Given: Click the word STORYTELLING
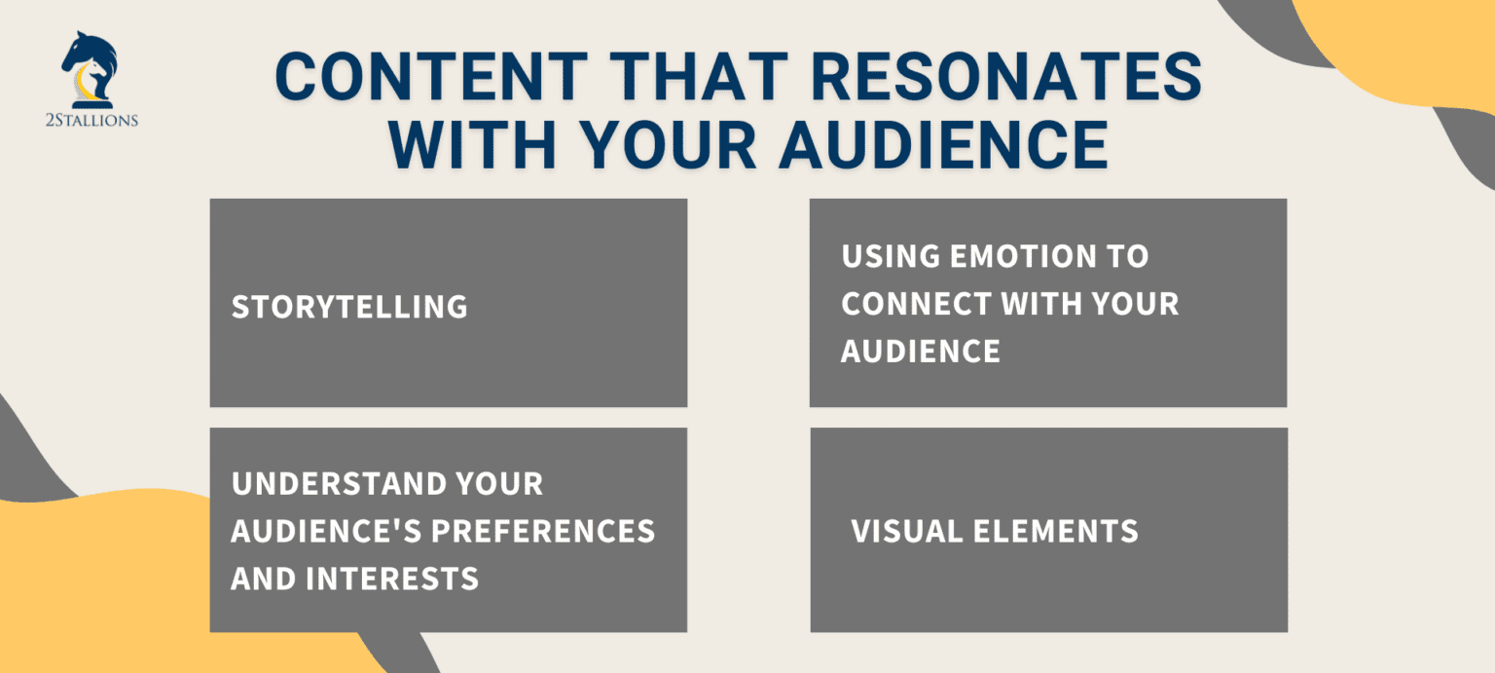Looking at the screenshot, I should tap(349, 307).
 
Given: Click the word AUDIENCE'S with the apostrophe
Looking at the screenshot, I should tap(326, 531).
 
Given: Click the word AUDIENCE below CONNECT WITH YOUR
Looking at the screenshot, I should tap(920, 351).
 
